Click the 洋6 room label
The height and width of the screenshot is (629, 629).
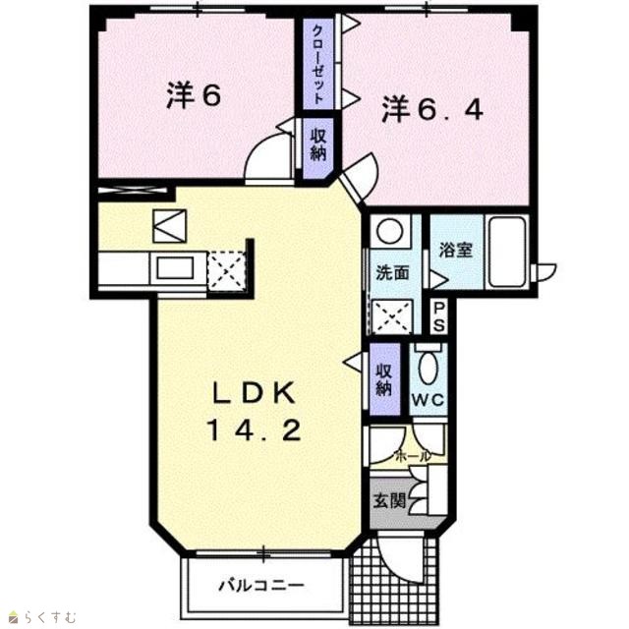pyautogui.click(x=194, y=95)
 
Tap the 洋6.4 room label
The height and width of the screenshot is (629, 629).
pyautogui.click(x=432, y=109)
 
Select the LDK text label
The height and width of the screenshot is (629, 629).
pyautogui.click(x=254, y=393)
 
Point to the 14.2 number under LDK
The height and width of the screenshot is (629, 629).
pyautogui.click(x=254, y=430)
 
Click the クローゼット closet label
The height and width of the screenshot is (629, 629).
pyautogui.click(x=318, y=65)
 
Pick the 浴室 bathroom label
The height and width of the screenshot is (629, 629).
pyautogui.click(x=456, y=250)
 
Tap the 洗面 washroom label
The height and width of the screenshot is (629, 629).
pyautogui.click(x=392, y=273)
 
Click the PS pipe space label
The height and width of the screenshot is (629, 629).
pyautogui.click(x=439, y=316)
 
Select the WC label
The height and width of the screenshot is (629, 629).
pyautogui.click(x=429, y=399)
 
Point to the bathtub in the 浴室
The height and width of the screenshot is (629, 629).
pyautogui.click(x=506, y=252)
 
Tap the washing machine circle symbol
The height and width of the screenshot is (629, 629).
pyautogui.click(x=390, y=231)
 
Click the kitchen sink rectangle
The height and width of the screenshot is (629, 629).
pyautogui.click(x=175, y=268)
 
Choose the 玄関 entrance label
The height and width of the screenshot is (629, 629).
pyautogui.click(x=389, y=500)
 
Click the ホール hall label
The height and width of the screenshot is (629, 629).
pyautogui.click(x=413, y=456)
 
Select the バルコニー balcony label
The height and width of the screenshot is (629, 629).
pyautogui.click(x=261, y=586)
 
